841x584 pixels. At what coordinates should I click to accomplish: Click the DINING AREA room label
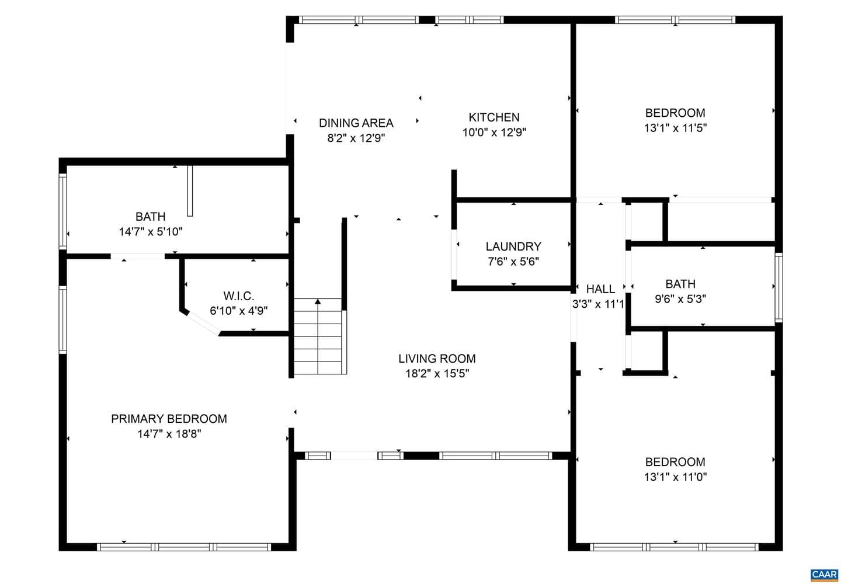[x=356, y=123]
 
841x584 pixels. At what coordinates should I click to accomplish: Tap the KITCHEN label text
[x=494, y=117]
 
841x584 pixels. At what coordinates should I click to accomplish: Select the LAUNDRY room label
[x=513, y=246]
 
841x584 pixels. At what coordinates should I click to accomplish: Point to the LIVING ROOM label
[x=437, y=359]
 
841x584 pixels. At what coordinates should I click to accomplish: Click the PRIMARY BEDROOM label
[x=169, y=419]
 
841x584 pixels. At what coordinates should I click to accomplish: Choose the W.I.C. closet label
[x=239, y=296]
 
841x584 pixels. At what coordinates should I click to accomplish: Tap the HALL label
[x=601, y=288]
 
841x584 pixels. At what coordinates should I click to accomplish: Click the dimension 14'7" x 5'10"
[x=151, y=232]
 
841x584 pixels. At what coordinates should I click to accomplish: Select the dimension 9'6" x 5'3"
[x=680, y=299]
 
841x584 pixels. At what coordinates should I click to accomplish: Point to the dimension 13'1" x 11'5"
[x=675, y=128]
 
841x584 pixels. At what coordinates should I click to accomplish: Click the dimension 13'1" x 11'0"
[x=675, y=477]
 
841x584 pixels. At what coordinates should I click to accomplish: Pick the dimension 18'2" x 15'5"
[x=437, y=373]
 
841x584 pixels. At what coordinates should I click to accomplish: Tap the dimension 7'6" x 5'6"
[x=513, y=261]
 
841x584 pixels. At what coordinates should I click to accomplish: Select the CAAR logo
[x=825, y=575]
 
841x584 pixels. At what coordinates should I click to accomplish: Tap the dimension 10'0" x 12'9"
[x=494, y=132]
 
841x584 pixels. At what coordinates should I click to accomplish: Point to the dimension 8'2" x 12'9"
[x=356, y=138]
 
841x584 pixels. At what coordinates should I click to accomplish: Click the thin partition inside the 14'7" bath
[x=190, y=190]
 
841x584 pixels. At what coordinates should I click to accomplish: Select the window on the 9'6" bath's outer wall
[x=779, y=287]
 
